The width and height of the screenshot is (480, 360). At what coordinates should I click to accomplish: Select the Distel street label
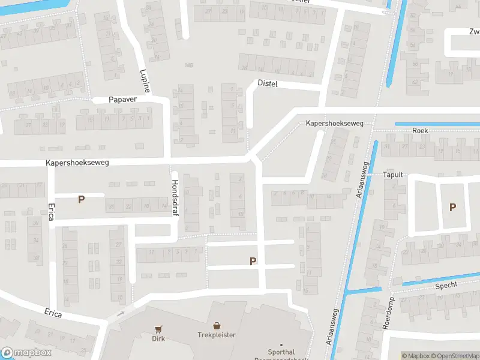[268, 83]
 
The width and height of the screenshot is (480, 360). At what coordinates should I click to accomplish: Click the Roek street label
[420, 130]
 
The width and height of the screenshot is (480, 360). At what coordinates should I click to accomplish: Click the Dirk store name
[158, 338]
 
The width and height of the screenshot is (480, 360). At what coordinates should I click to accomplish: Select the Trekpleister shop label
[217, 335]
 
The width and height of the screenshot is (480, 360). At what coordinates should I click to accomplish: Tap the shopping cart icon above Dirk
[158, 329]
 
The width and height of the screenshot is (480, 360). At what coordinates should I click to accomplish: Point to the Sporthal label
[281, 353]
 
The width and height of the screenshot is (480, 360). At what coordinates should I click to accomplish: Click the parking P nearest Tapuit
[453, 207]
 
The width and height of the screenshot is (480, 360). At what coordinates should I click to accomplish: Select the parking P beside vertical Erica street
[81, 199]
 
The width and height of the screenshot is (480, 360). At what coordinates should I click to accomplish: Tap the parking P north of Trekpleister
[253, 261]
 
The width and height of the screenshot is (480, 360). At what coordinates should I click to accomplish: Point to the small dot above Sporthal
[281, 344]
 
